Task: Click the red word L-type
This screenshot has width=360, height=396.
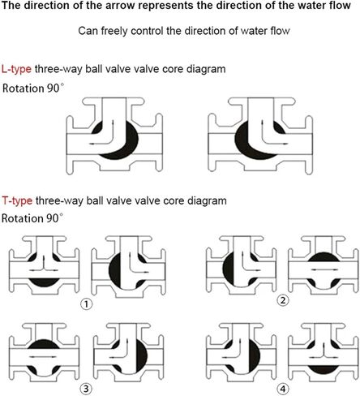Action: pos(16,69)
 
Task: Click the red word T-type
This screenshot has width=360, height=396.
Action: pos(17,201)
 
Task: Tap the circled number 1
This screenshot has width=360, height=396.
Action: pos(86,304)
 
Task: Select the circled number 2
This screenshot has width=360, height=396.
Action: pos(283,300)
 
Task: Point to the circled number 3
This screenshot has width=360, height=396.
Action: pos(86,389)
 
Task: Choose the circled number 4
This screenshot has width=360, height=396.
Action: pos(283,390)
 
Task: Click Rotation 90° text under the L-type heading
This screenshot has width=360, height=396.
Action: pos(33,88)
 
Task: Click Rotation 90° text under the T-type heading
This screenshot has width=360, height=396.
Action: pos(32,218)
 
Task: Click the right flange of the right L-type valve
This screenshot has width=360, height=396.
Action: pos(309,144)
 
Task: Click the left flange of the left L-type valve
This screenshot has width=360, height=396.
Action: pos(70,144)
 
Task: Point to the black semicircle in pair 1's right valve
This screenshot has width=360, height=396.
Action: pos(115,270)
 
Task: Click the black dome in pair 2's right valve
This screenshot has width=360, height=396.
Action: pos(324,256)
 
